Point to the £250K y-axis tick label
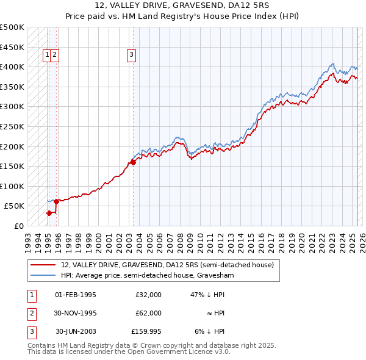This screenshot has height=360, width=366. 12,126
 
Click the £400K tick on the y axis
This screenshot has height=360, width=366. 12,67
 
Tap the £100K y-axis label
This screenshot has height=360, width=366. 12,186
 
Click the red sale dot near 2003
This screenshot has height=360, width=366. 133,162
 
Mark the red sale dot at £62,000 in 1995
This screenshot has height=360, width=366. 56,201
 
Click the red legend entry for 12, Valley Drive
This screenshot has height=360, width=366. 170,265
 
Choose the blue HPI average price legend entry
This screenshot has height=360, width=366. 148,275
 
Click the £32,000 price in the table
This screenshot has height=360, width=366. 149,295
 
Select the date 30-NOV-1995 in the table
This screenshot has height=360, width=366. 76,313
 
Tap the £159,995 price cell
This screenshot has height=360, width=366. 146,331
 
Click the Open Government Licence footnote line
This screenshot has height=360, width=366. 129,352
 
